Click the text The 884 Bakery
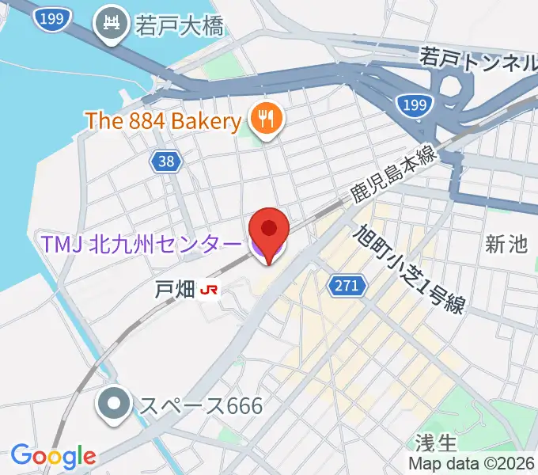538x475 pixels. (x=163, y=121)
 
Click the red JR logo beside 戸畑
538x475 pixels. (x=210, y=290)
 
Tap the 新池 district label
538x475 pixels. (x=506, y=245)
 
